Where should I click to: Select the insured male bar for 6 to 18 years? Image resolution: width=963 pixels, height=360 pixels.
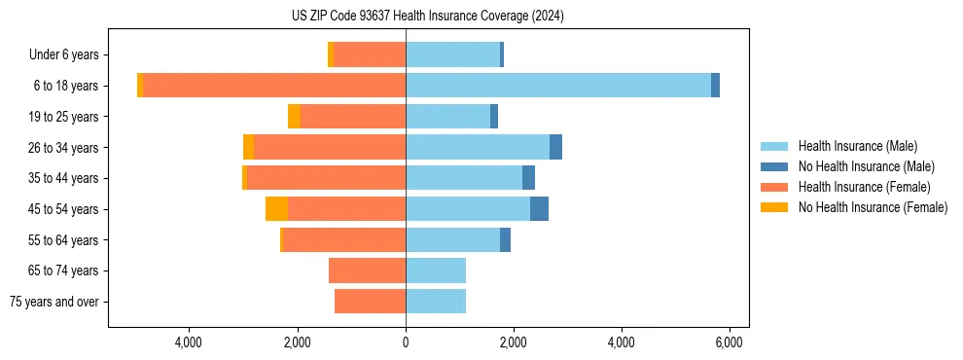tap(558, 86)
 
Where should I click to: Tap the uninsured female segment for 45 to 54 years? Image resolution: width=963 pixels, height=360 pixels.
tap(276, 209)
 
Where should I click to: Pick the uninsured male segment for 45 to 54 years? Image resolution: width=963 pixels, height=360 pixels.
tap(539, 209)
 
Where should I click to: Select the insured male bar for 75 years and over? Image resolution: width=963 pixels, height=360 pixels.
tap(436, 302)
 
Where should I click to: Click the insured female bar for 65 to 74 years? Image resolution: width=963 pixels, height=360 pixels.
tap(367, 270)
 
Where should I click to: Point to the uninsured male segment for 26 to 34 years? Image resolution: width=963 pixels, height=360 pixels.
tap(555, 147)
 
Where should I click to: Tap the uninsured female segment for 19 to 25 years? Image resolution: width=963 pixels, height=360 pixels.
tap(294, 117)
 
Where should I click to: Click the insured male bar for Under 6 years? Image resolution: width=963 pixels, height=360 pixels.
tap(452, 54)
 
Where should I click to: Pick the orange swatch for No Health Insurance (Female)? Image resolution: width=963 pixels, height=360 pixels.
tap(773, 207)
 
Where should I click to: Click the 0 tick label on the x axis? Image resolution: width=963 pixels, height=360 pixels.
tap(406, 342)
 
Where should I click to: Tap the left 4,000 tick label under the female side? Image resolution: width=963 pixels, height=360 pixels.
tap(188, 342)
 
